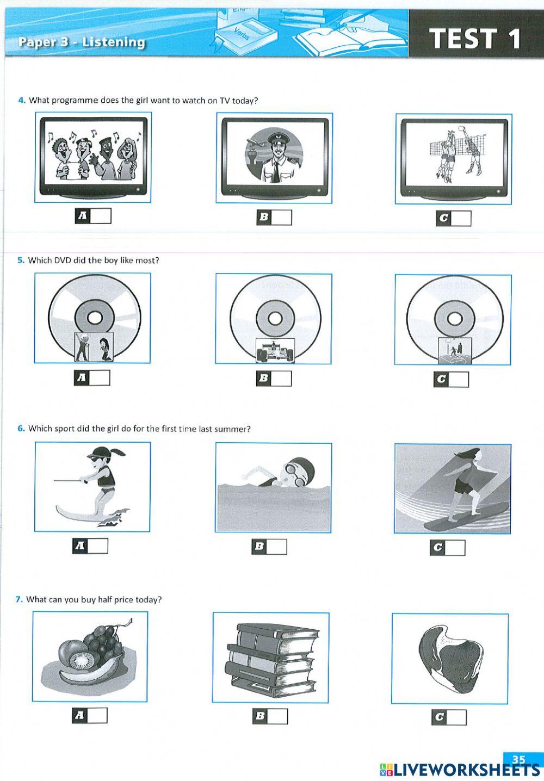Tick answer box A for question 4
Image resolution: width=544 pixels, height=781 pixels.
(101, 216)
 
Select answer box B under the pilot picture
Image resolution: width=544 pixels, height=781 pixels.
(282, 218)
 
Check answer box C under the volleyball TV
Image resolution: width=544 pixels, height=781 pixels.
(461, 219)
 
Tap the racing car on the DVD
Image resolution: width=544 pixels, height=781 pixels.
(275, 351)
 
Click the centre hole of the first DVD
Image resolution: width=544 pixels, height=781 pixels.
(92, 318)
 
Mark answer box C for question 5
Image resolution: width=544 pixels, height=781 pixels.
(459, 380)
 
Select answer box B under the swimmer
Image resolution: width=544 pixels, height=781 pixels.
(276, 547)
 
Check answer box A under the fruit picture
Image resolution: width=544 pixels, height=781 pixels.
(98, 716)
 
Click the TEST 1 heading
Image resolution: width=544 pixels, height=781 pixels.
(475, 39)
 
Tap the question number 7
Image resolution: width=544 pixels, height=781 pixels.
(19, 600)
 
